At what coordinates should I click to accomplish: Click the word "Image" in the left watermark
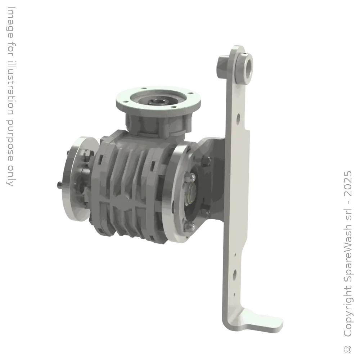pos(10,22)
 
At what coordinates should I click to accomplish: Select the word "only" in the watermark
pos(10,176)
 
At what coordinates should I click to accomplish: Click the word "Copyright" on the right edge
pos(348,312)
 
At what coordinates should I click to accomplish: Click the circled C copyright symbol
pos(348,349)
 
